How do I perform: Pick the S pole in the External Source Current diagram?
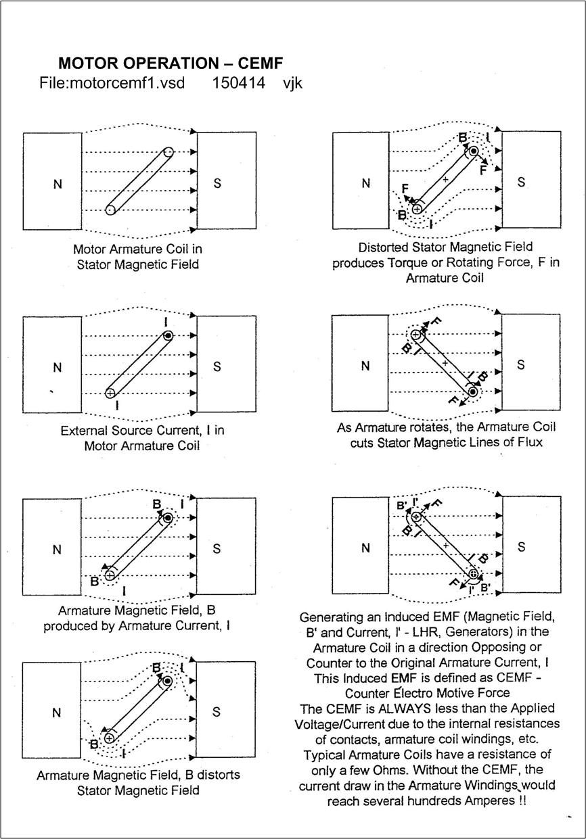click(x=217, y=366)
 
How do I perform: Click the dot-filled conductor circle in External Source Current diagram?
click(x=168, y=335)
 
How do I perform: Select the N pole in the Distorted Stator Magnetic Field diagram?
click(x=366, y=183)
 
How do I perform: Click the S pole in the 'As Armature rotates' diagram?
click(x=521, y=365)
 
